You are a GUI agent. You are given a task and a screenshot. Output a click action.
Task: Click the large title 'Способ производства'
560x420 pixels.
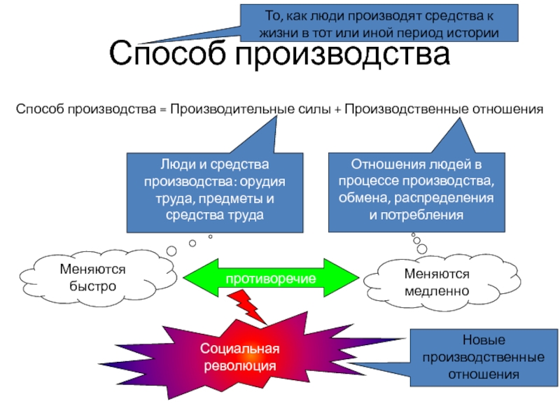[x=279, y=54]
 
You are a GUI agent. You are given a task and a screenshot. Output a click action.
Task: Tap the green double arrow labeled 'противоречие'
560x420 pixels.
[x=271, y=278]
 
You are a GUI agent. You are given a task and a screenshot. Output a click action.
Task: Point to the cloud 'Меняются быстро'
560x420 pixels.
[x=97, y=278]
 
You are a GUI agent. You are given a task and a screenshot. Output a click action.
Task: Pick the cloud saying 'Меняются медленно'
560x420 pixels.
[x=442, y=282]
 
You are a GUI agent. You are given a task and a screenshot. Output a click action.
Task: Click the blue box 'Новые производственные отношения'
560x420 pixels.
[x=484, y=357]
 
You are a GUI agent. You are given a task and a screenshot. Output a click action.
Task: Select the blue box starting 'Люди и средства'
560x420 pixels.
[x=215, y=193]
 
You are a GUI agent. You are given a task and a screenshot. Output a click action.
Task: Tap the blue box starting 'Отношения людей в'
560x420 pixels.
[x=416, y=192]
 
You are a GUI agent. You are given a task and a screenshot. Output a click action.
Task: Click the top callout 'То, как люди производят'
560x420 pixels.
[x=379, y=23]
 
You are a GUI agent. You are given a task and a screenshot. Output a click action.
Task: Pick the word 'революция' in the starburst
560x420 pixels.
[x=240, y=366]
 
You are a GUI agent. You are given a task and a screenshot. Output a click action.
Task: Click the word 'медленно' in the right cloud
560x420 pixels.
[x=437, y=291]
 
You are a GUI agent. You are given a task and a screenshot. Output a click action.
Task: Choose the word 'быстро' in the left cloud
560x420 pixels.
[x=93, y=286]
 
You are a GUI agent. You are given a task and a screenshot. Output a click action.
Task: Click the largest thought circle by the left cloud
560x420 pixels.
[x=171, y=251]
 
